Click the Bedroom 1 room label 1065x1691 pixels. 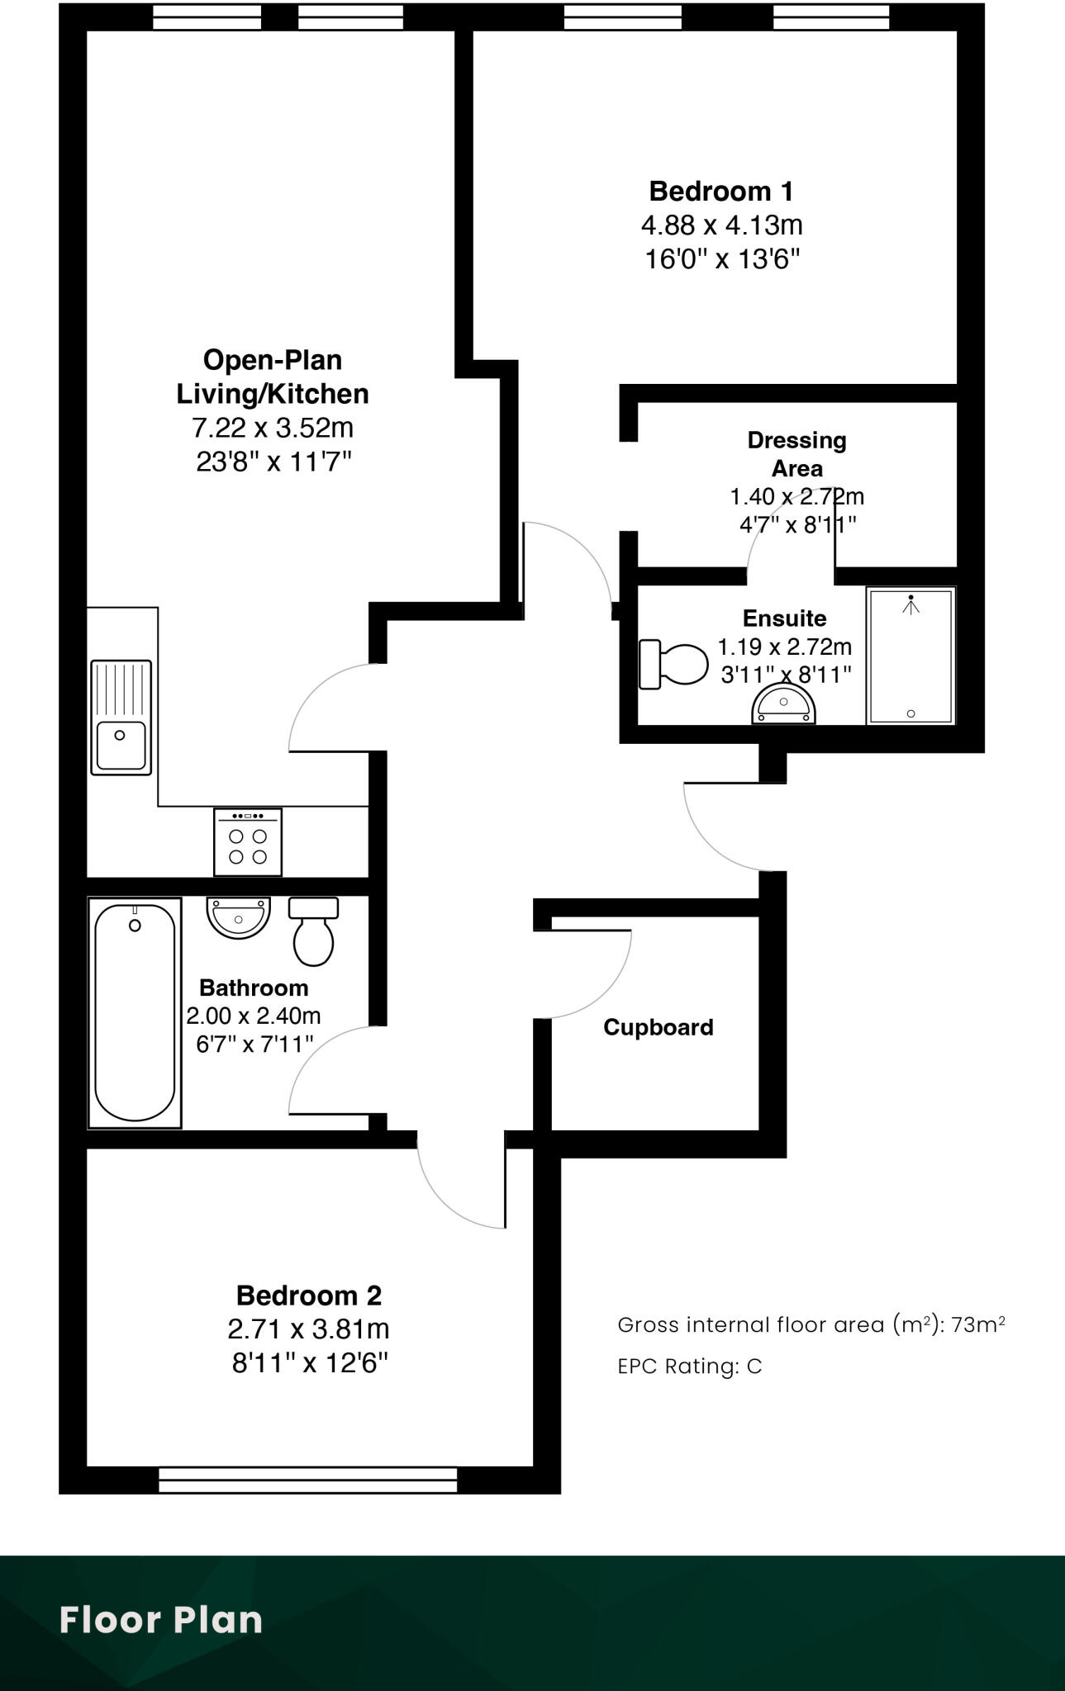720,192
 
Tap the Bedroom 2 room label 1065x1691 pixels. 308,1295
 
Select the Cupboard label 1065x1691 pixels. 658,1027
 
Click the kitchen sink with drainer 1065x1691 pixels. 121,717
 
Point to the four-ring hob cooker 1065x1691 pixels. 248,842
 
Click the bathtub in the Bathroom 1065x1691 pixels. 135,1012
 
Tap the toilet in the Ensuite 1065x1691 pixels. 673,664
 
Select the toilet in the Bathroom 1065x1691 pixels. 313,931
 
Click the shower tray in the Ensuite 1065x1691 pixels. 910,656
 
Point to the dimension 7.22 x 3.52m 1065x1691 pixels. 273,428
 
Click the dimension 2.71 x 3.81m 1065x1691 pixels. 308,1329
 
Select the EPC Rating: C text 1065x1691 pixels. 689,1367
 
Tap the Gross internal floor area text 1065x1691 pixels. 811,1325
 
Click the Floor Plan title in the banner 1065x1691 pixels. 161,1620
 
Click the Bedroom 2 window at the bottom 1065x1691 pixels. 307,1480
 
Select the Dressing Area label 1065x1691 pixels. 796,454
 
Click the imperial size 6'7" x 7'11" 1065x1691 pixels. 254,1044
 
